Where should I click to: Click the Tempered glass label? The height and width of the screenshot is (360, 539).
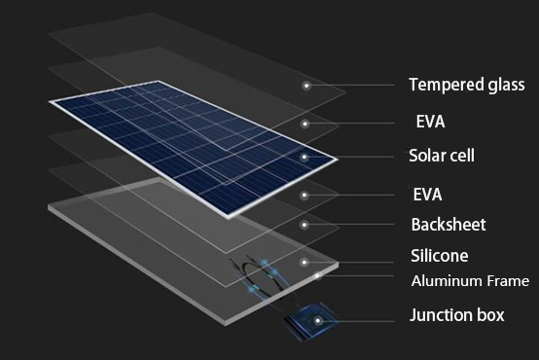[x=466, y=85]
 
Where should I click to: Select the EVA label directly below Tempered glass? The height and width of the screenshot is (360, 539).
[x=431, y=122]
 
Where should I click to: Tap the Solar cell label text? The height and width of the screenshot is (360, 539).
[x=442, y=156]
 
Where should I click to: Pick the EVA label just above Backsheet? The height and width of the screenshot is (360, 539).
[x=431, y=194]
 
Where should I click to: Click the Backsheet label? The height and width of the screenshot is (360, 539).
[x=448, y=225]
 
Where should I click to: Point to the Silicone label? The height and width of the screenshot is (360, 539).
[x=439, y=256]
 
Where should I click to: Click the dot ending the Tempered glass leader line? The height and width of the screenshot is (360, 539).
[x=305, y=86]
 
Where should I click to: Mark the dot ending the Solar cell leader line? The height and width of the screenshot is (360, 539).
[x=305, y=157]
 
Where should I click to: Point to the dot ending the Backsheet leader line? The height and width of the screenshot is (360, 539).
[x=305, y=225]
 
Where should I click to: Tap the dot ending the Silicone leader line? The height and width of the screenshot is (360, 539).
[x=305, y=261]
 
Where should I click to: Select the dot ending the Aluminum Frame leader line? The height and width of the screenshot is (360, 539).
[x=318, y=276]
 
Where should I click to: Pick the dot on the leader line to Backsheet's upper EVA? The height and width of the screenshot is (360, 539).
[x=305, y=195]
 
